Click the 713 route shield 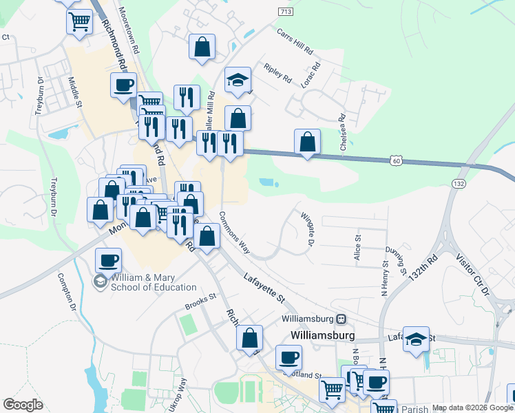coord(286,12)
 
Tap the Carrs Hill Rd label coord(295,43)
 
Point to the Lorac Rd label coord(311,75)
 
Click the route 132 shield coord(459,184)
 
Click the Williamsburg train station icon coord(341,319)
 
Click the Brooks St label coord(200,301)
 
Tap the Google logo coord(23,405)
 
